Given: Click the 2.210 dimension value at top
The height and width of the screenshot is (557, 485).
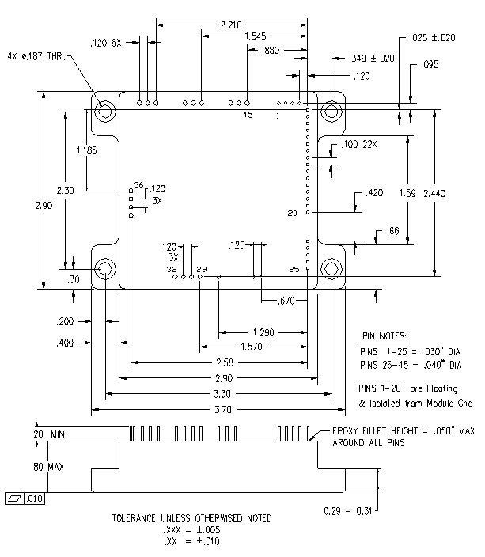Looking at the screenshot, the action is coord(231,25).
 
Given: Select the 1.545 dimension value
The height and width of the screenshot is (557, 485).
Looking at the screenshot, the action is coord(256,36).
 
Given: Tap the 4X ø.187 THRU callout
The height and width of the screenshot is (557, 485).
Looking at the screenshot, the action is coord(37,56).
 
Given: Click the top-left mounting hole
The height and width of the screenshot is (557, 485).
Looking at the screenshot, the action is coord(105,111).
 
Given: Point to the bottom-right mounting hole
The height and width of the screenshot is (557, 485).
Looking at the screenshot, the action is coord(332,268).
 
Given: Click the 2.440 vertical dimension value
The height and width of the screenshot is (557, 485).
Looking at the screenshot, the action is coord(434,194).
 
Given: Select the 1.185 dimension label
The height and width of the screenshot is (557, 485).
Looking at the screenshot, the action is coord(86,150).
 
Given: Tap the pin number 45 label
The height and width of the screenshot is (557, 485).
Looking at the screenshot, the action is coord(248,115).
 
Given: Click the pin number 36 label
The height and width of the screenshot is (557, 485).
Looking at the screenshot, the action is coord(138,184).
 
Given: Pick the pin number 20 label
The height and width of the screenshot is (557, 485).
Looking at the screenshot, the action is coord(292,213).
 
